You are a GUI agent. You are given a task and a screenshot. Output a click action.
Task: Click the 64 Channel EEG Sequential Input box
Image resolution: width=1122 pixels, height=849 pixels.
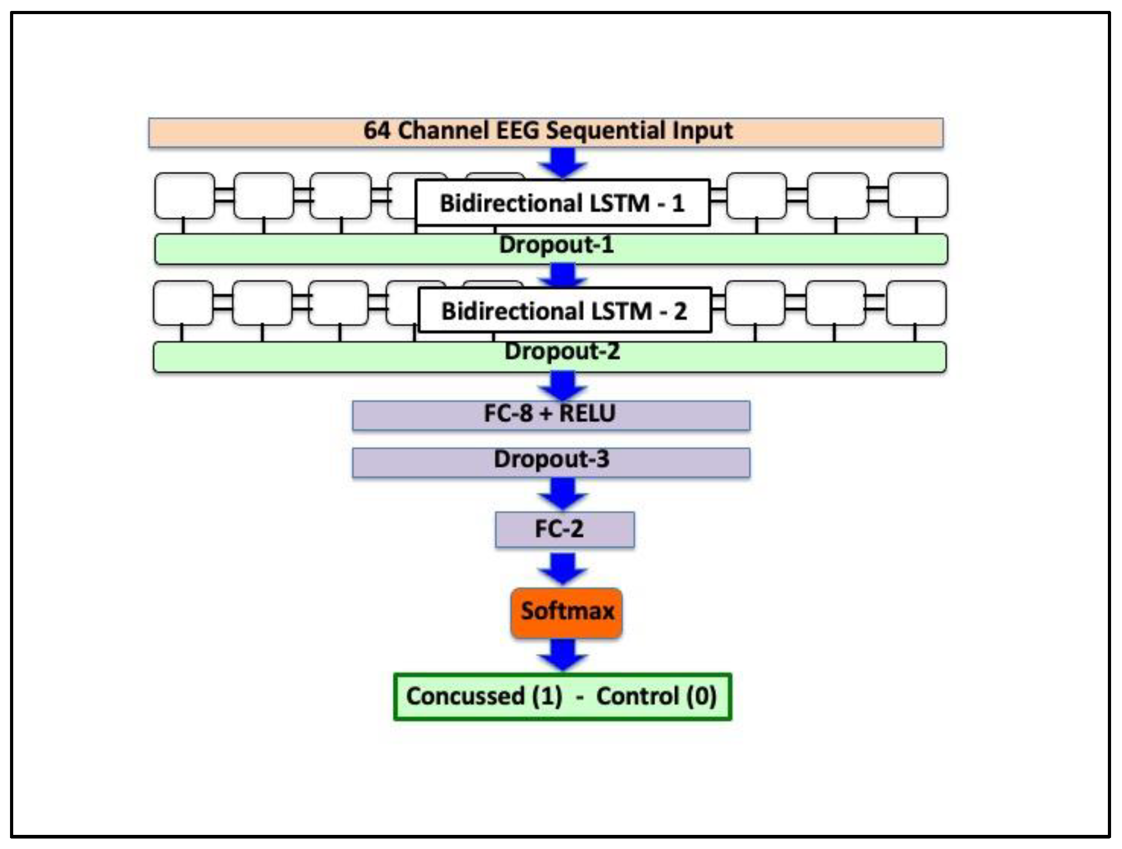[546, 132]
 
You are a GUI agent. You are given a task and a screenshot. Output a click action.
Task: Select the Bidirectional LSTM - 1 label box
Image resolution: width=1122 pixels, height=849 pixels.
[562, 203]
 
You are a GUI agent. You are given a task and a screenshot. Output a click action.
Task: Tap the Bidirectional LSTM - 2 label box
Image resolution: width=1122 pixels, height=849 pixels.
[564, 310]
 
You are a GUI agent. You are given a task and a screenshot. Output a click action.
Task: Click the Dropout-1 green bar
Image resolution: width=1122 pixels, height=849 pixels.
[551, 249]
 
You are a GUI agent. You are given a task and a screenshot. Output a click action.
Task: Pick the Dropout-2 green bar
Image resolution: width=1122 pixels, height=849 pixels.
[549, 356]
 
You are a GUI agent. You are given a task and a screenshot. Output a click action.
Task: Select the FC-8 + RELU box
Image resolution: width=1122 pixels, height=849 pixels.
[551, 415]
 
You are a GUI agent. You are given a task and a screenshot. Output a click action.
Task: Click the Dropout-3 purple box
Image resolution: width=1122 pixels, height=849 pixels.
[551, 462]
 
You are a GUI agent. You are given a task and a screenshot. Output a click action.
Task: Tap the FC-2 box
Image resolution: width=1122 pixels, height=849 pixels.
[564, 529]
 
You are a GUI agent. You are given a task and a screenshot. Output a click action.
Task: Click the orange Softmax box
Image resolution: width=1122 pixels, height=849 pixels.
[566, 612]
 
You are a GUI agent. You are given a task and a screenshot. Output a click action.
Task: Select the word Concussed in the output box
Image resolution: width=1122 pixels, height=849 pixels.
[464, 696]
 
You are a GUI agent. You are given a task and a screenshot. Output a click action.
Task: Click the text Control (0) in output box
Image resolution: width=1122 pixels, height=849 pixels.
[656, 696]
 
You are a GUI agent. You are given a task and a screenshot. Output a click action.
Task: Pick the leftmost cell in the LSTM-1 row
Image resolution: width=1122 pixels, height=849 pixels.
[184, 196]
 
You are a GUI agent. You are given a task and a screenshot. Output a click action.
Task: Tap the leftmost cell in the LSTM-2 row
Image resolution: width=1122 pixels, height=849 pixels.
[183, 303]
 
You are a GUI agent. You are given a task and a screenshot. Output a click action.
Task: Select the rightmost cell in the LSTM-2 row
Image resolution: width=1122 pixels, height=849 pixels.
[916, 303]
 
